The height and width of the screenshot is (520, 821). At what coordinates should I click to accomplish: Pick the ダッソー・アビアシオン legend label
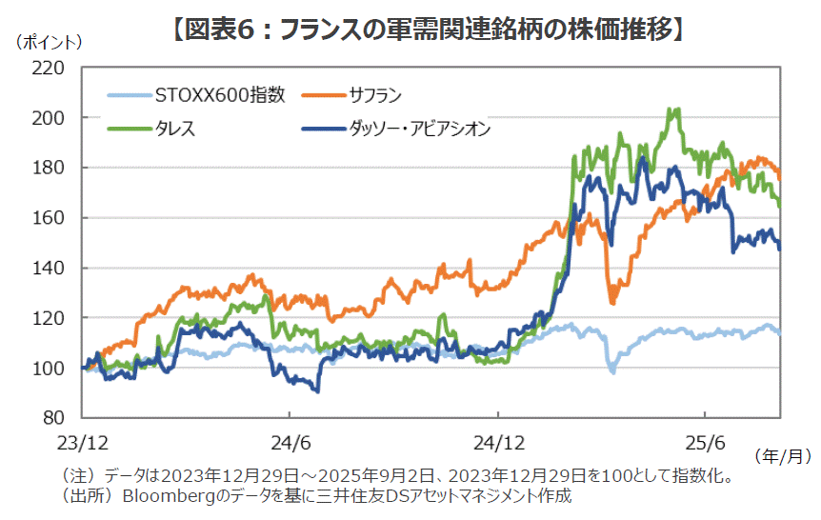click(x=420, y=129)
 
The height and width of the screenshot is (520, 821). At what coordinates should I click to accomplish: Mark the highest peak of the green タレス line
click(x=675, y=110)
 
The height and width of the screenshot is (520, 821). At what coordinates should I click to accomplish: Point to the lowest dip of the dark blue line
click(x=317, y=390)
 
